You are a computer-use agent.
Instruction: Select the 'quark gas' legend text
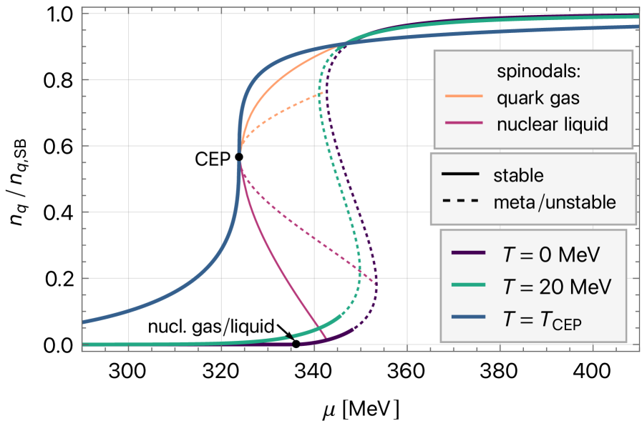538,98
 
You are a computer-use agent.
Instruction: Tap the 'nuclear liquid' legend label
552,124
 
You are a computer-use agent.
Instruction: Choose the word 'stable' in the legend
518,176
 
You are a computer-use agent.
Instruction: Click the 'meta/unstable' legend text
555,202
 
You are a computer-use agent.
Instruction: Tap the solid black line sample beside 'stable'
460,176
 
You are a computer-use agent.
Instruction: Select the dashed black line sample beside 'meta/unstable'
460,202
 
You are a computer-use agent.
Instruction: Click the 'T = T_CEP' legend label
543,321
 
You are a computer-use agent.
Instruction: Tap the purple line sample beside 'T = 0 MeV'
469,254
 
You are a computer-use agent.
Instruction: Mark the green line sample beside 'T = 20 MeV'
469,287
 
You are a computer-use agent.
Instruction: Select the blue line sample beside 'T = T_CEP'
469,321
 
